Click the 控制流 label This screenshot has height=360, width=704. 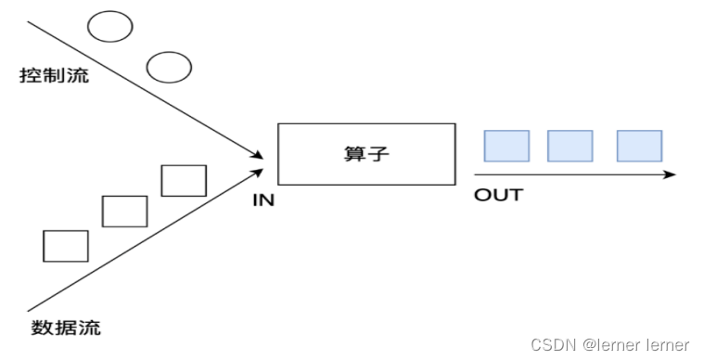55,75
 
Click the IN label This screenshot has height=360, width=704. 264,199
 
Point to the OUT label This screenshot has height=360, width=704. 498,195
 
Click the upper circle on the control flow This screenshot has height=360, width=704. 110,27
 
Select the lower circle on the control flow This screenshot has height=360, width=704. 169,67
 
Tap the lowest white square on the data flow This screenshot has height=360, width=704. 66,245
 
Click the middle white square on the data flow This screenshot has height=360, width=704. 124,212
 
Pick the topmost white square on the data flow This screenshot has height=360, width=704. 184,180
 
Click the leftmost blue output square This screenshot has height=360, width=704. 507,146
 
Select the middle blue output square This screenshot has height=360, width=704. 570,146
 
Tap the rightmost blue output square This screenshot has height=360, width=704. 639,146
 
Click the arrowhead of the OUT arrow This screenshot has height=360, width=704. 672,174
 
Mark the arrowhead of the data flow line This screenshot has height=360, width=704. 259,170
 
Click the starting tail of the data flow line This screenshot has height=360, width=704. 31,309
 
